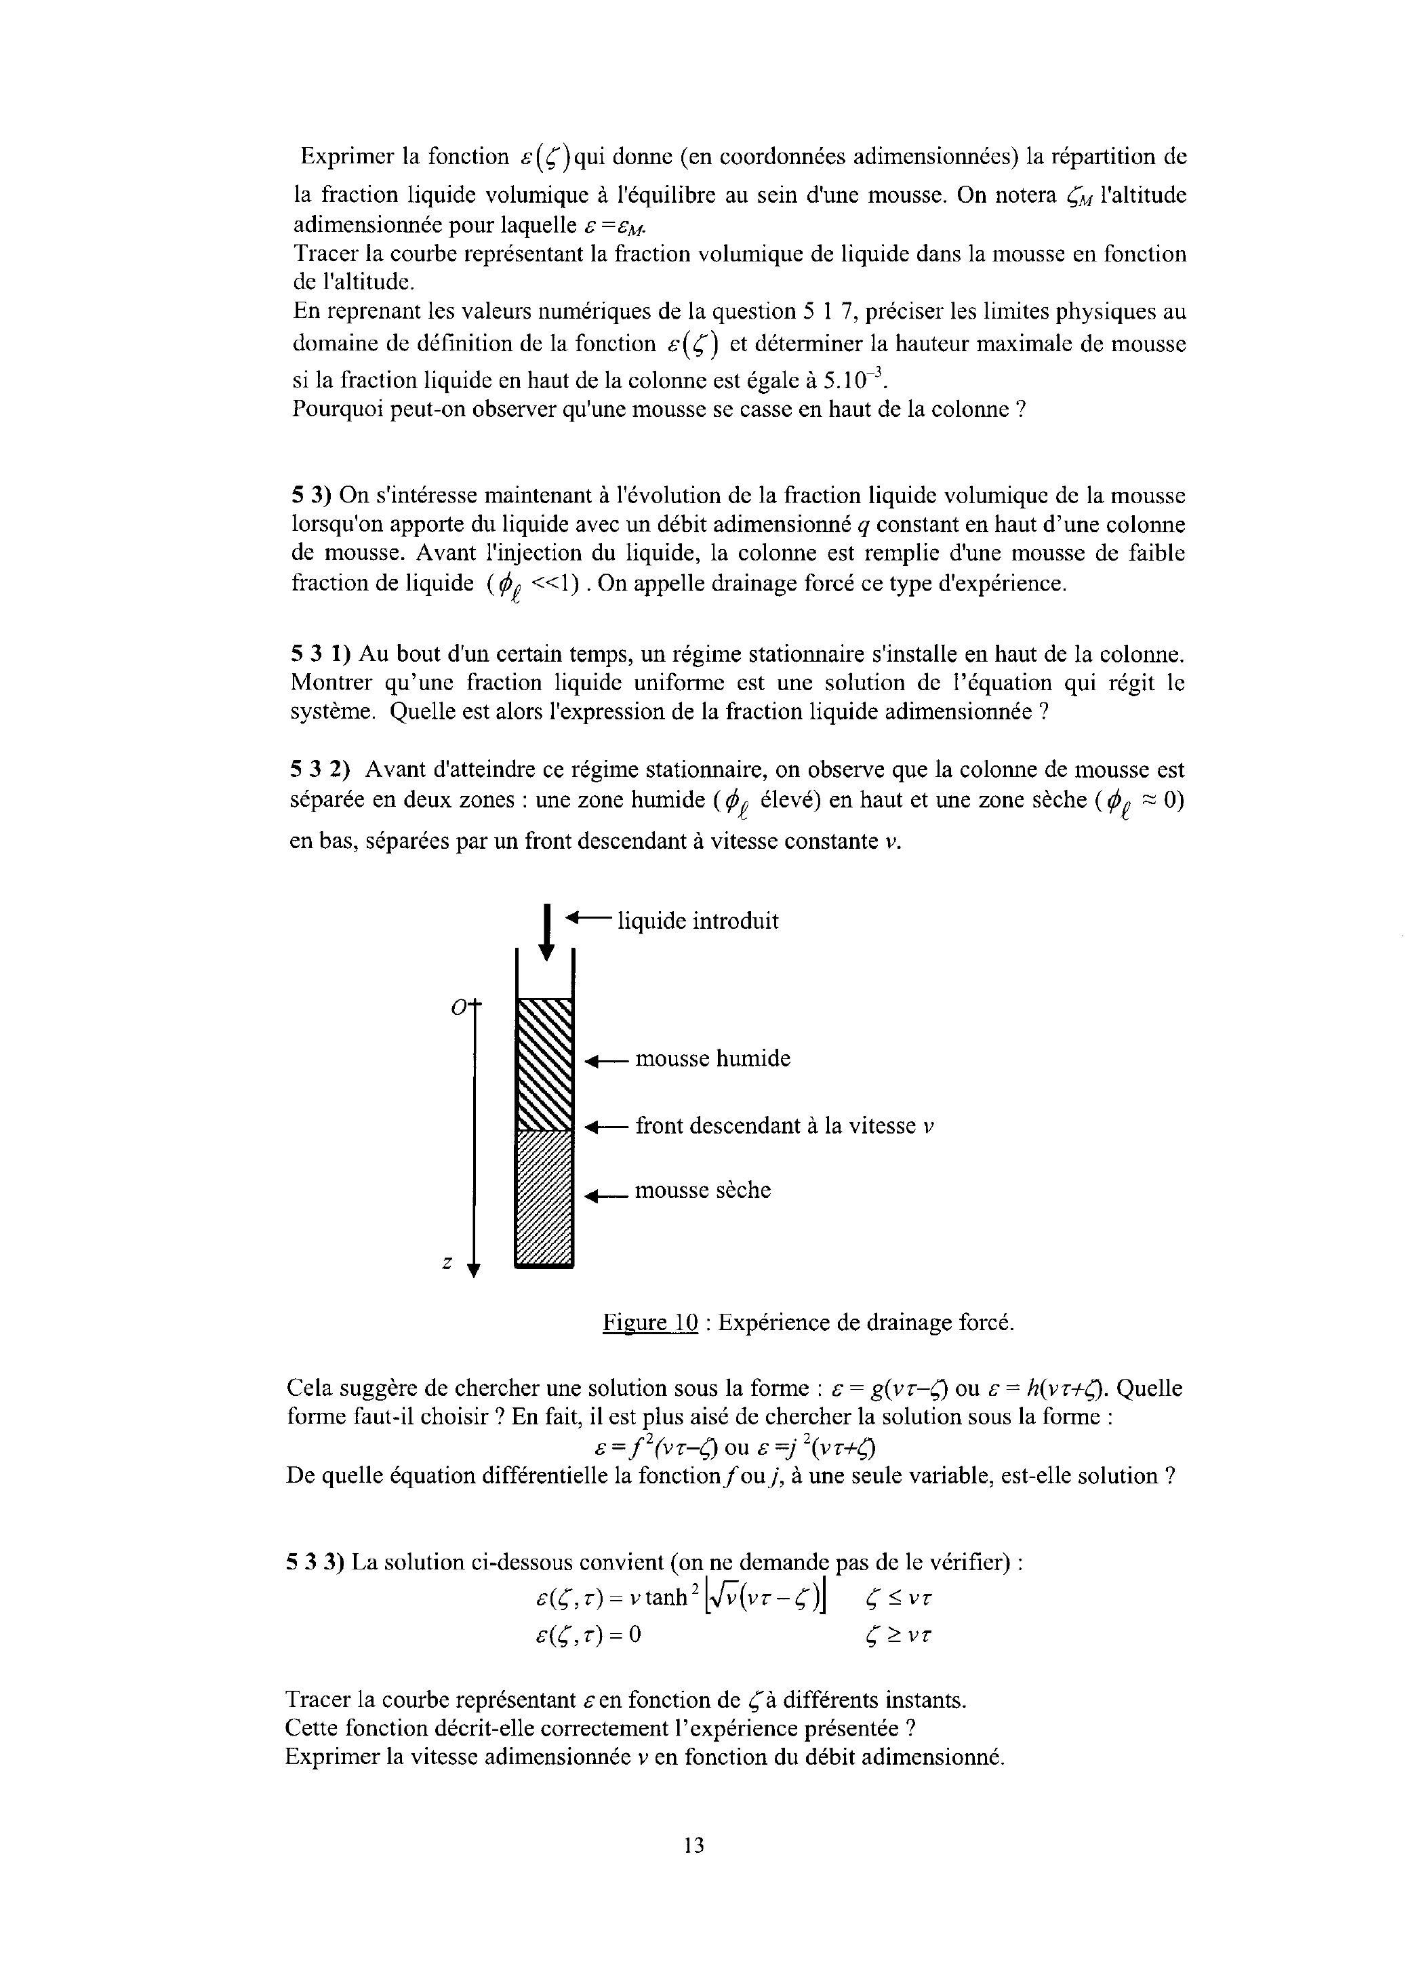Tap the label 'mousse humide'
pos(713,1058)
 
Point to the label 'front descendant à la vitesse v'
pos(784,1126)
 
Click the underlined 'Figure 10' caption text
pos(650,1323)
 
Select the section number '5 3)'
pos(312,496)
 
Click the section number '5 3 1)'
pos(321,653)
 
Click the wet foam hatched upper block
pos(544,1063)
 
